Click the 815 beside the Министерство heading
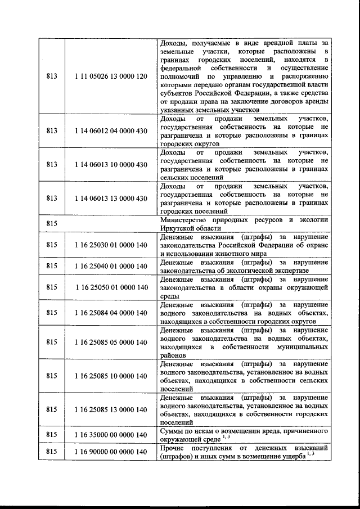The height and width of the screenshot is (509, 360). (x=52, y=224)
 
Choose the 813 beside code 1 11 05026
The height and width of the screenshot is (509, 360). (x=52, y=76)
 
